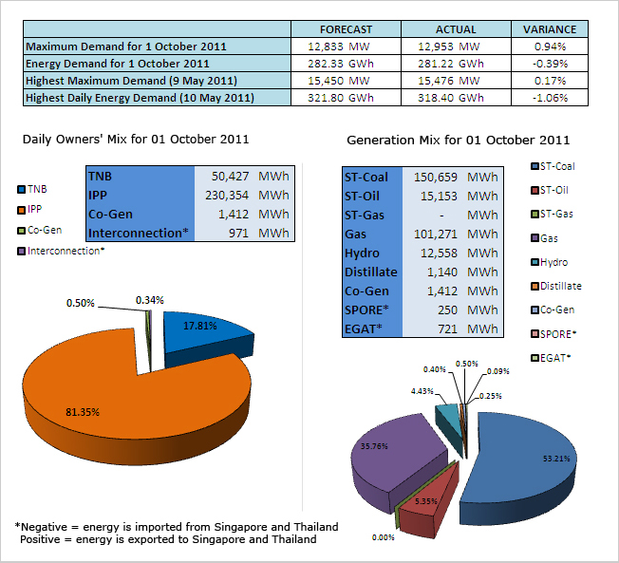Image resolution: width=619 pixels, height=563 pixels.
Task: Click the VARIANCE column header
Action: tap(550, 29)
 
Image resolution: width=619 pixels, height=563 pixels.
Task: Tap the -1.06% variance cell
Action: tap(550, 97)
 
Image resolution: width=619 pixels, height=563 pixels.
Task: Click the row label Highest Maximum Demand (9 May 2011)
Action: tap(131, 80)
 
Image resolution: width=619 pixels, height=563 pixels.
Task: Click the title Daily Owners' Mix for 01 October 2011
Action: tap(136, 139)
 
